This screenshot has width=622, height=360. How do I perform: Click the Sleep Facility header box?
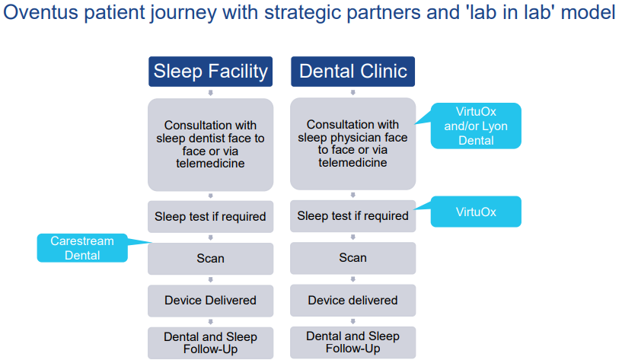[x=210, y=72]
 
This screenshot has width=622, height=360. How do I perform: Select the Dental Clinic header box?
[x=352, y=72]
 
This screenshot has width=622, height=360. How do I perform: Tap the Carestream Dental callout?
[x=82, y=248]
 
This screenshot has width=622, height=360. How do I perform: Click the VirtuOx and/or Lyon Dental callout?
[x=476, y=126]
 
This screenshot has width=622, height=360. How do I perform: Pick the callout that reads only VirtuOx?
[x=476, y=212]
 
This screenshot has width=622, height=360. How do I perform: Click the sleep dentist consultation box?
[x=210, y=145]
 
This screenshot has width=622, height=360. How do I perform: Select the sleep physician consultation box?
[x=352, y=144]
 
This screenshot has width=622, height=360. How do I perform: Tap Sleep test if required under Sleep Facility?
[x=210, y=216]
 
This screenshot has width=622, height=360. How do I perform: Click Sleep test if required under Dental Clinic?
[x=352, y=215]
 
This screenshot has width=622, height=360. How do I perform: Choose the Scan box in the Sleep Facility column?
[x=210, y=259]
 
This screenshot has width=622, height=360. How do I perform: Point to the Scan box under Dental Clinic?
[x=352, y=258]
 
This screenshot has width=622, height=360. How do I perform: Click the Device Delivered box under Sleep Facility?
[x=210, y=301]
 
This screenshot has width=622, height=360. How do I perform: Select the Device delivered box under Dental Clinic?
[x=352, y=300]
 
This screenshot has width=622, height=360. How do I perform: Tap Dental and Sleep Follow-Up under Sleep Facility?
[x=210, y=343]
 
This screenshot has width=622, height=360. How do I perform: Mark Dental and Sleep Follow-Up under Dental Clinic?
[x=352, y=342]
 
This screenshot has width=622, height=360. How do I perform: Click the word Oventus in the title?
[x=41, y=12]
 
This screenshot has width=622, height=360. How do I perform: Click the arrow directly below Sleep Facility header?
[x=211, y=93]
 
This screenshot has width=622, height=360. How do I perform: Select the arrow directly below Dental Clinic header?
[x=353, y=92]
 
